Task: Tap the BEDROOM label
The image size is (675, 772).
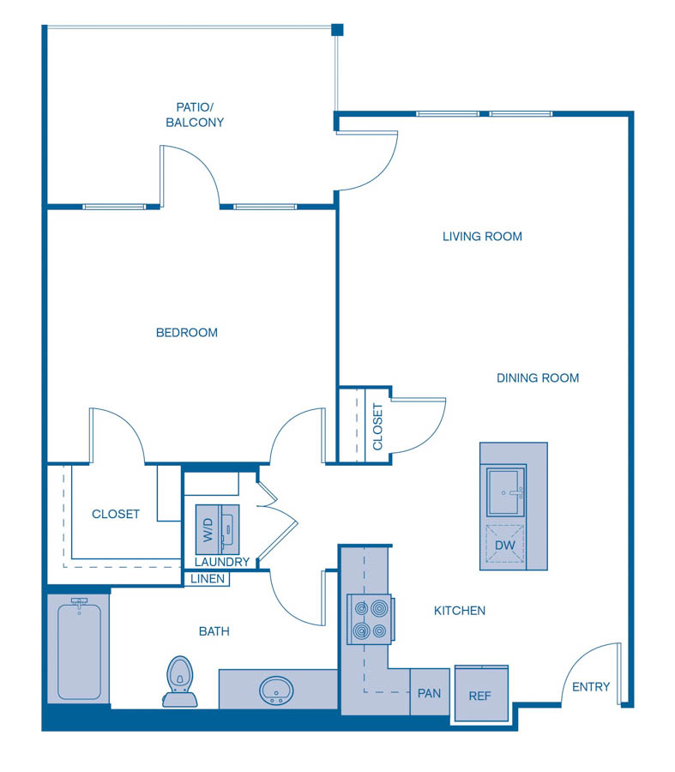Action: tap(186, 332)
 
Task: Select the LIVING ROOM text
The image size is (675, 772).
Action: tap(482, 236)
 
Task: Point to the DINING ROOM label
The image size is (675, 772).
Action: tap(538, 377)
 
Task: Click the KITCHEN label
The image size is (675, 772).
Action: tap(460, 611)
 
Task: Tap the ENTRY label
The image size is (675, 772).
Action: tap(591, 686)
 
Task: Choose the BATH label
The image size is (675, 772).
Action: tap(214, 631)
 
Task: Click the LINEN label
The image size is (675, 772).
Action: tap(208, 579)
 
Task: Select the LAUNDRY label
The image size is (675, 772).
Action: tap(222, 562)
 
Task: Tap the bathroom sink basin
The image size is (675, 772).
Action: tap(276, 690)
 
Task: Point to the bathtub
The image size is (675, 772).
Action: tap(80, 650)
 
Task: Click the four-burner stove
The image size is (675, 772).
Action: tap(369, 619)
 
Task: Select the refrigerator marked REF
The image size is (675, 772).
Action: tap(480, 695)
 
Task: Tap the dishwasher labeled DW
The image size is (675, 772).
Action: tap(504, 544)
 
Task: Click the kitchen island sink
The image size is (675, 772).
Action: tap(506, 492)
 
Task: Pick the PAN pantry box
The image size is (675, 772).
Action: tap(429, 692)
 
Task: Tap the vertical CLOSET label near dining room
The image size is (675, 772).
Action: tap(377, 426)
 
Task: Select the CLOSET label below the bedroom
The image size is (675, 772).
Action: tap(116, 514)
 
